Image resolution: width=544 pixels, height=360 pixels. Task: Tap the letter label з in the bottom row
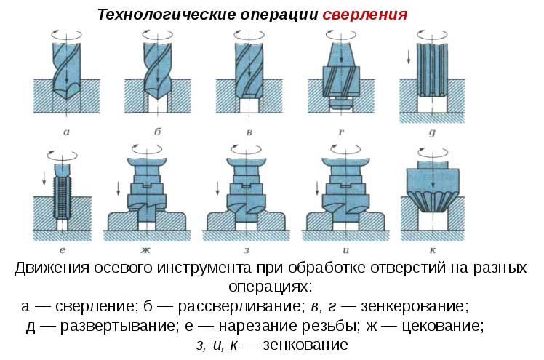(x=247, y=250)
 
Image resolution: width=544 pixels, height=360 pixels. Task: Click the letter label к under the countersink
(x=433, y=250)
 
